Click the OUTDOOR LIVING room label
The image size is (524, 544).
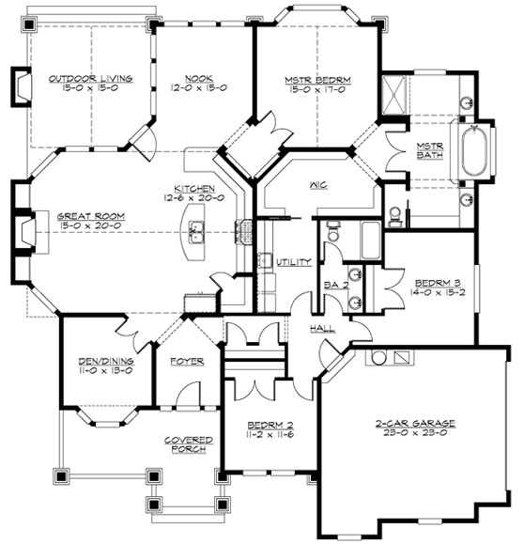pyautogui.click(x=90, y=78)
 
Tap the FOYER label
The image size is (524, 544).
pyautogui.click(x=187, y=361)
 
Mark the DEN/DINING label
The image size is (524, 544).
pyautogui.click(x=104, y=361)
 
